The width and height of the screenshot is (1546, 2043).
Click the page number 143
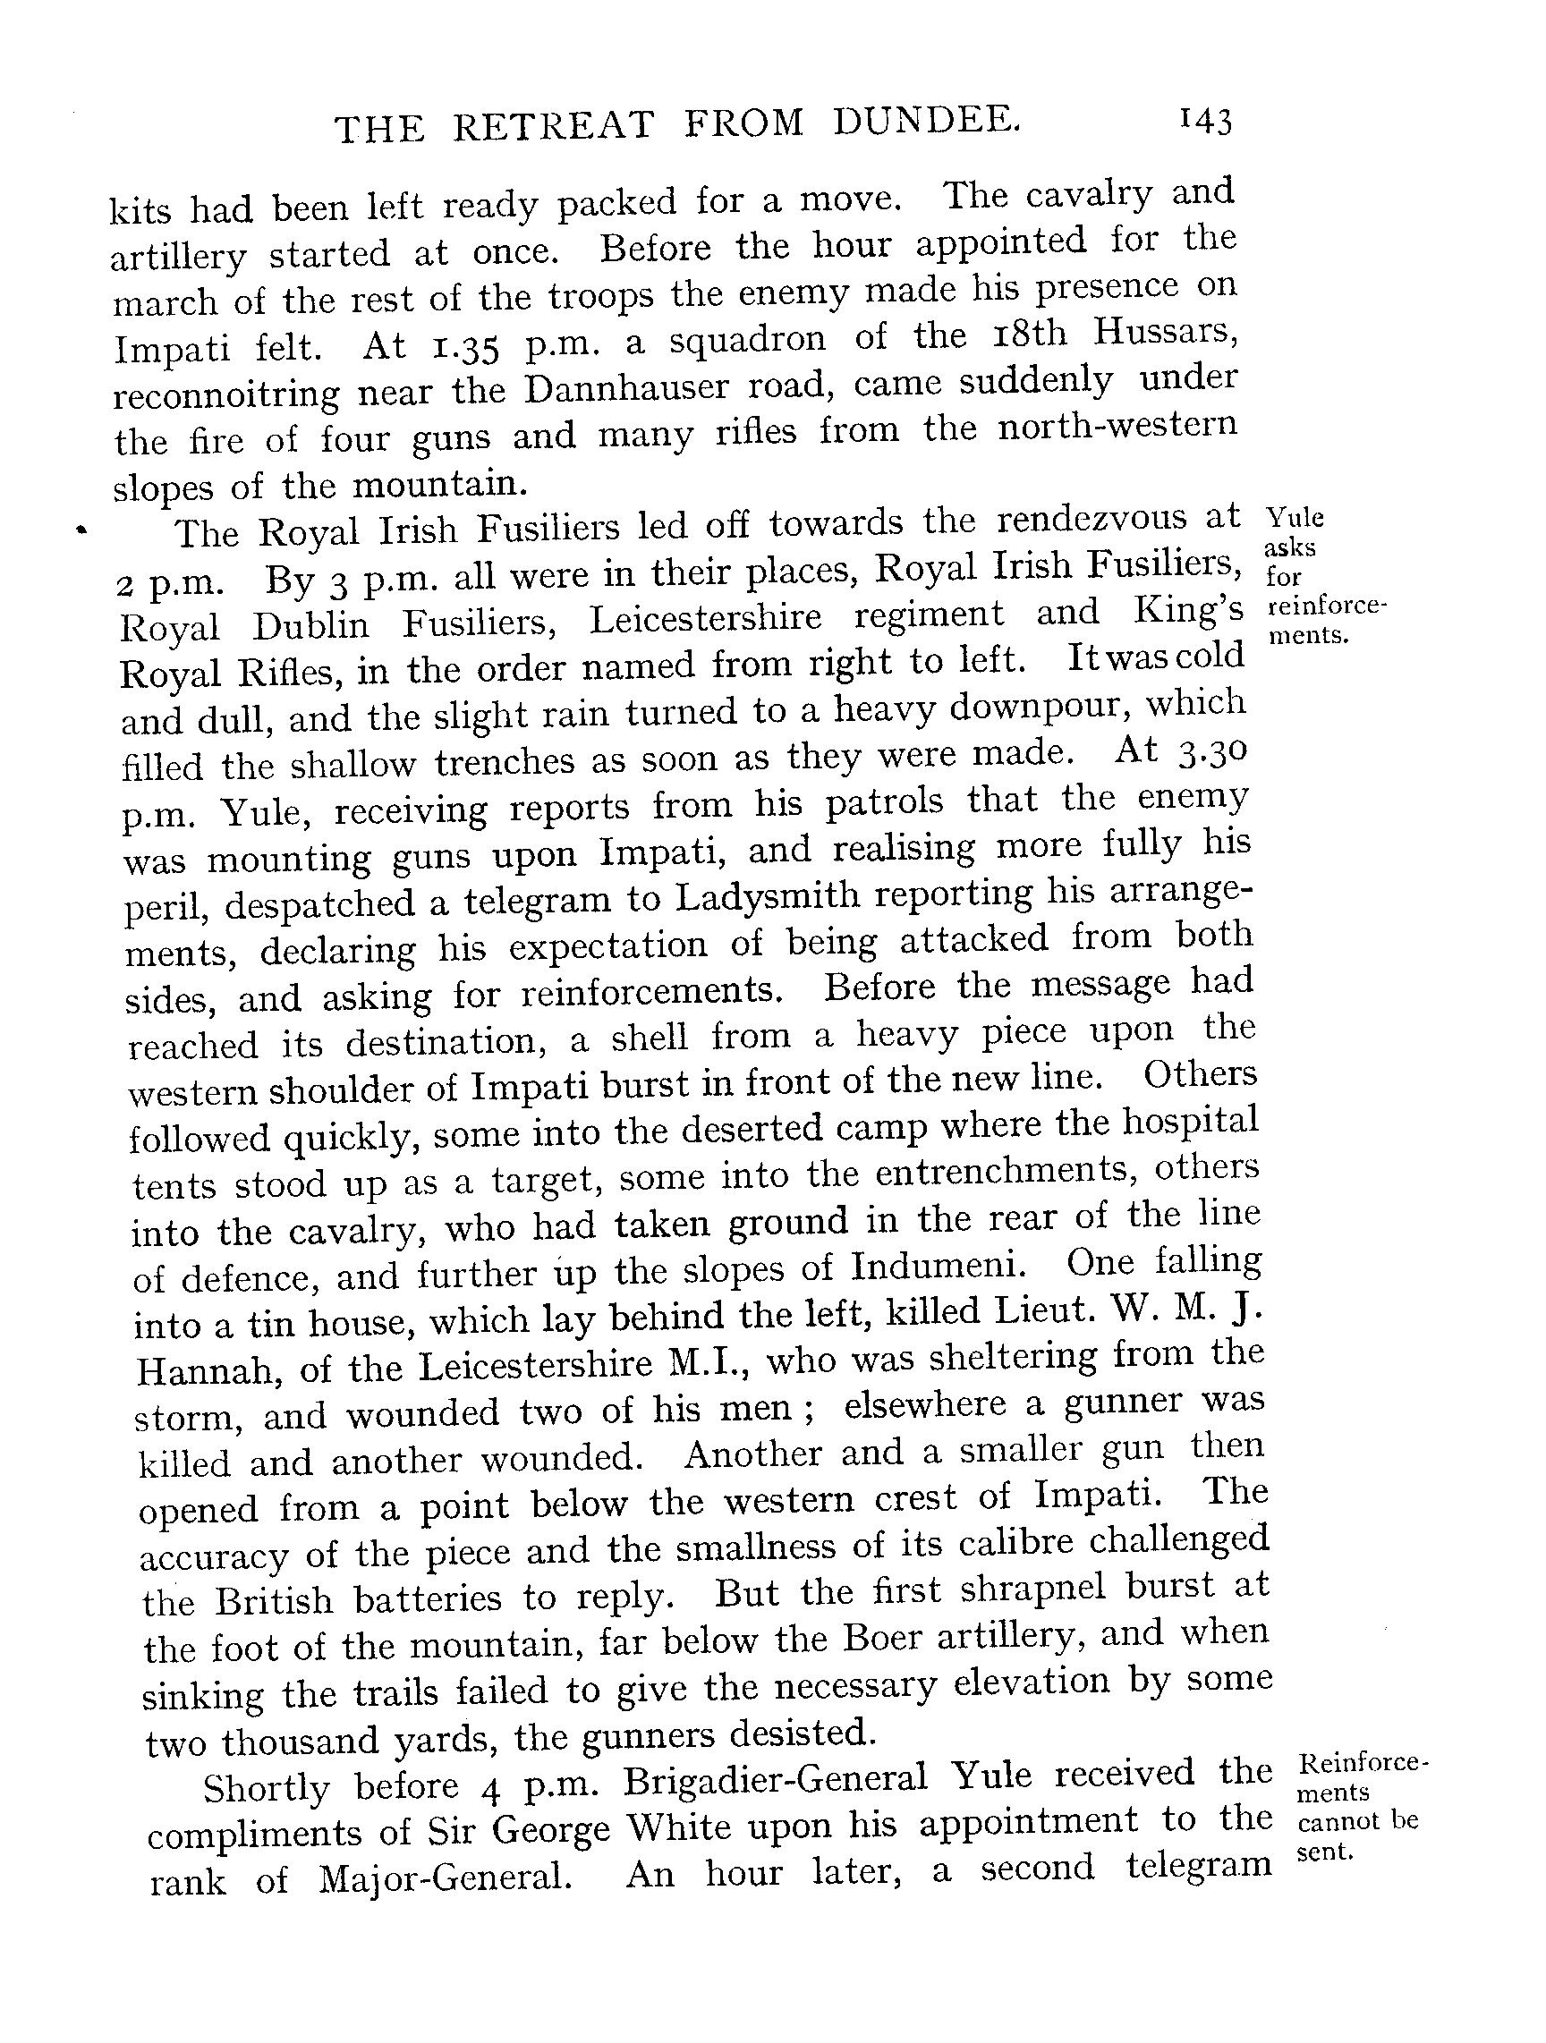click(x=1204, y=122)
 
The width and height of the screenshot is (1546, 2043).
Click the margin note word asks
click(x=1289, y=547)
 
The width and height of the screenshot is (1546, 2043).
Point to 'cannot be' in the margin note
click(x=1357, y=1821)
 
